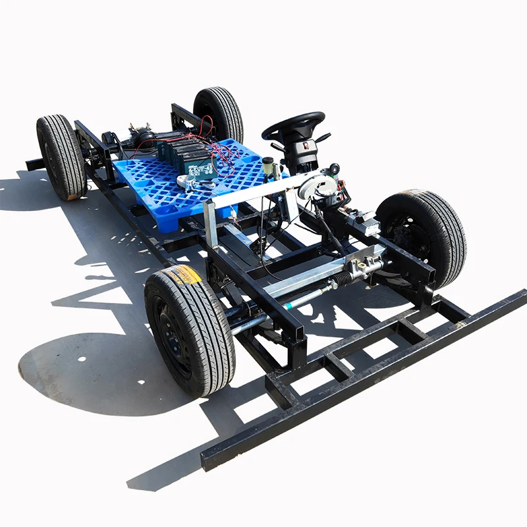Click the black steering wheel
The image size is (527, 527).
tap(292, 123)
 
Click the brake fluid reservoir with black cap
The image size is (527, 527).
tap(269, 167)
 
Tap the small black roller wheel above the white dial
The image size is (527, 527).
tap(335, 169)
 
